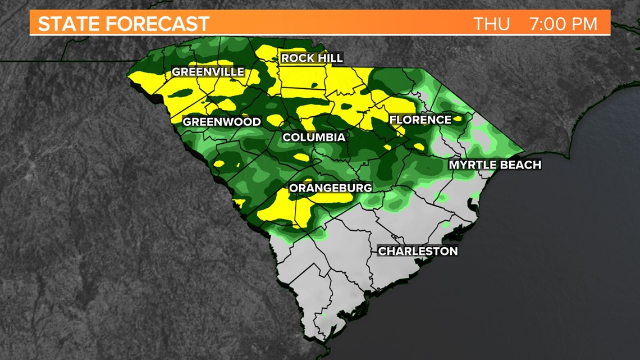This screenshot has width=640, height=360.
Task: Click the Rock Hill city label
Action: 312,58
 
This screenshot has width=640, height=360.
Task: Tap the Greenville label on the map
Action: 208,72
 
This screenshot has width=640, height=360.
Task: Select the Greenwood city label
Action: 222,122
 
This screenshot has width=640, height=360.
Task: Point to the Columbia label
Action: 314,138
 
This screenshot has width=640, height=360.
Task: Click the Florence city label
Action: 420,120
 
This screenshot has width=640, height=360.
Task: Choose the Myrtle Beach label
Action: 495,165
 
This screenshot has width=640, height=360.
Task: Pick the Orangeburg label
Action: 330,188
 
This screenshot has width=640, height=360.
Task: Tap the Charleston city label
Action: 418,251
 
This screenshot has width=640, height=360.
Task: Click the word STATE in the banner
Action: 69,24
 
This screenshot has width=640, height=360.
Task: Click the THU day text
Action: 492,24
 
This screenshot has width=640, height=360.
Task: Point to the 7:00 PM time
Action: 563,24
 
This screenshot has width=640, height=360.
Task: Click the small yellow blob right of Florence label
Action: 458,119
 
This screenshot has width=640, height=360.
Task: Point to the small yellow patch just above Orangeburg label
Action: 300,157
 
